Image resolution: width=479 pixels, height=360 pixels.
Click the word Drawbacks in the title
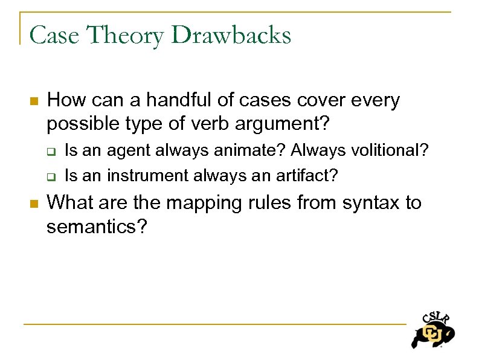click(231, 35)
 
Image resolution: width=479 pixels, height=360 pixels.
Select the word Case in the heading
click(54, 35)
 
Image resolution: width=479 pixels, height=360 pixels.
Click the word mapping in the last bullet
click(196, 202)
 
